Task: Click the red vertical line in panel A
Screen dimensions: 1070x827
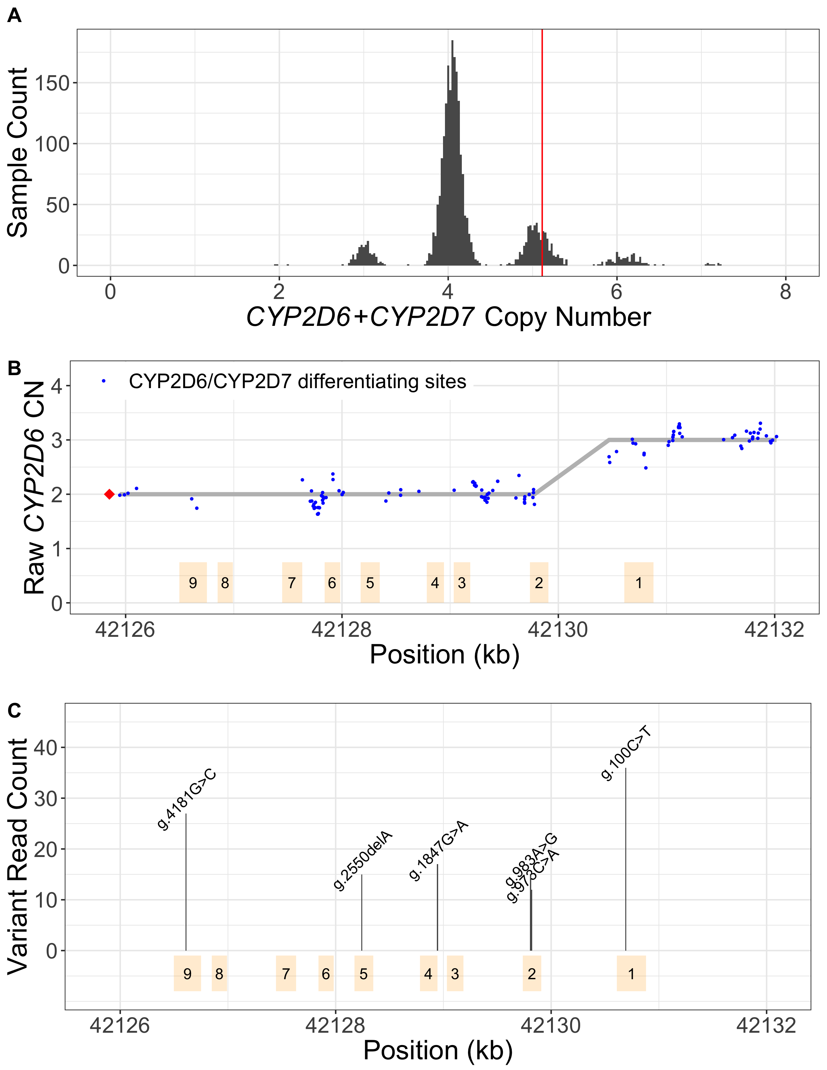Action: pos(542,147)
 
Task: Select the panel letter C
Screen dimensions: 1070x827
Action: pos(14,710)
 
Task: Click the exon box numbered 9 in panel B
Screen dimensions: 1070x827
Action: pos(193,583)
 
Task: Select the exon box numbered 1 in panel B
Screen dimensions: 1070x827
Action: pos(638,583)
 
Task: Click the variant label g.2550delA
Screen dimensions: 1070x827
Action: pos(363,861)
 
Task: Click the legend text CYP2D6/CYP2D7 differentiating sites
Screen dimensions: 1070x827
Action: pos(297,382)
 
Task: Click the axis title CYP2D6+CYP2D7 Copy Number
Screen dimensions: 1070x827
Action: pos(448,317)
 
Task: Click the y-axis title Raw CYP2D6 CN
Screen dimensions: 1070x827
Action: pos(34,487)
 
